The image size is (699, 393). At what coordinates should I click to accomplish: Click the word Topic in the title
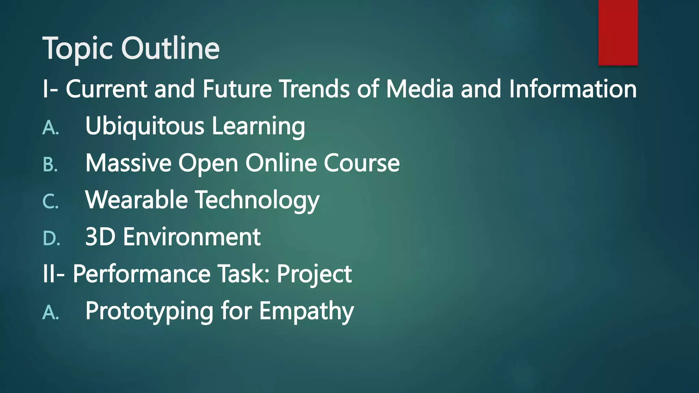(78, 48)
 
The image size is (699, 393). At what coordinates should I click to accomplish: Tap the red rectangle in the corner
(618, 32)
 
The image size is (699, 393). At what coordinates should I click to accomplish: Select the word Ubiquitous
(145, 126)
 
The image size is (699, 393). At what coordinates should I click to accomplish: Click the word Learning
(258, 126)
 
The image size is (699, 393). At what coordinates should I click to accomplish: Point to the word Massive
(128, 163)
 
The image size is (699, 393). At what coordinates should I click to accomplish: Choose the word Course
(361, 163)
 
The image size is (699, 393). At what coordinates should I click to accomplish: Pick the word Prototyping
(149, 311)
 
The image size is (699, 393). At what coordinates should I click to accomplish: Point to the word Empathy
(306, 311)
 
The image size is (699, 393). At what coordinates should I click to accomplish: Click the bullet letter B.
(50, 165)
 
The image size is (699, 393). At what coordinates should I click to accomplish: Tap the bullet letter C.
(50, 202)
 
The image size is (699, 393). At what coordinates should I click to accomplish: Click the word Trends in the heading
(315, 89)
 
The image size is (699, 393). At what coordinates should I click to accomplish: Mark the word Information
(573, 89)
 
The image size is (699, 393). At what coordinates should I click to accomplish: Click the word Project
(314, 274)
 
